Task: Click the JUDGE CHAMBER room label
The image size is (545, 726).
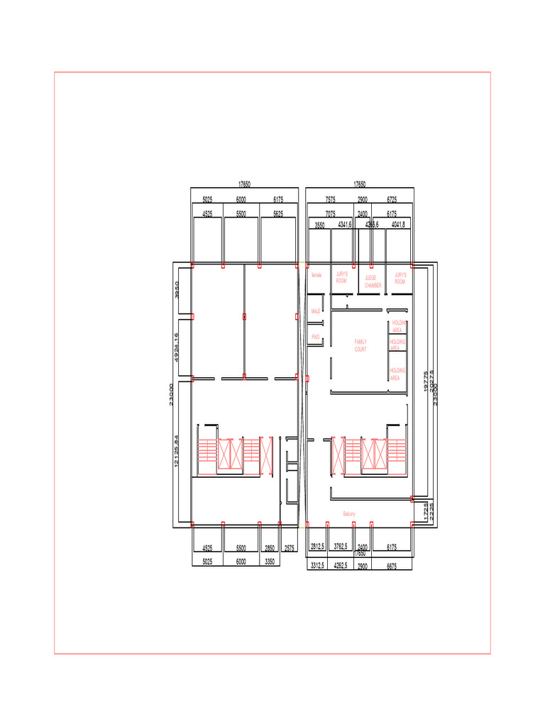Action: coord(373,281)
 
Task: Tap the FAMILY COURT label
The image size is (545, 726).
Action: coord(360,345)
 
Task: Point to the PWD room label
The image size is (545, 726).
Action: coord(315,337)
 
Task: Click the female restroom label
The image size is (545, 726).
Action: coord(316,275)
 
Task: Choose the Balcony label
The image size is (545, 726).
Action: coord(348,514)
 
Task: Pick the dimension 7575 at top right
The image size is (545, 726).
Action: coord(331,201)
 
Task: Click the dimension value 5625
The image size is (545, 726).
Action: coord(278,213)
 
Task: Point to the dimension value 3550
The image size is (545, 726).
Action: coord(319,225)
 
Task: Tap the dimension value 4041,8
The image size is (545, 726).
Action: coord(399,225)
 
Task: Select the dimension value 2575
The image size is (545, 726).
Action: coord(290,548)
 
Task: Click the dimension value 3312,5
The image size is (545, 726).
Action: coord(317,565)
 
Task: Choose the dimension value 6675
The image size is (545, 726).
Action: coord(392,566)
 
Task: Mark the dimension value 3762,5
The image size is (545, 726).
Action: coord(340,547)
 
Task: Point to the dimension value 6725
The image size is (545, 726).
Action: coord(392,201)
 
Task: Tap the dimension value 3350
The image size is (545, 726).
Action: coord(270,562)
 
